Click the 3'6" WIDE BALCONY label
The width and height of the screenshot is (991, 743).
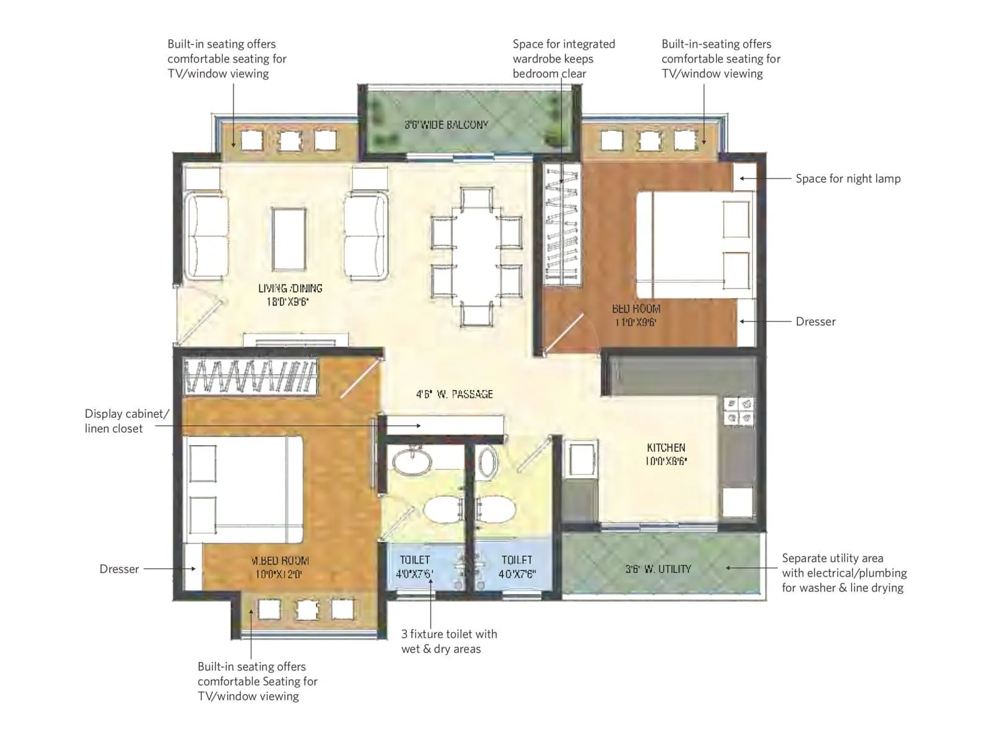click(x=447, y=124)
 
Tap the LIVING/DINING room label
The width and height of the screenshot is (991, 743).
click(x=290, y=295)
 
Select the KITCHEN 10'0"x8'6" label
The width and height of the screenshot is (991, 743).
click(x=666, y=454)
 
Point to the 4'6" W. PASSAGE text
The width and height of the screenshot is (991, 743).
click(x=454, y=394)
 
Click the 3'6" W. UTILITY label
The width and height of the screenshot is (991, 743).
click(x=658, y=568)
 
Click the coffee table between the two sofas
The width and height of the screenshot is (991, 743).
click(x=289, y=238)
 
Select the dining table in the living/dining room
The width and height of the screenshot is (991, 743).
click(x=476, y=256)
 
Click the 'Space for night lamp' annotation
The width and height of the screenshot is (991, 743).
click(x=847, y=178)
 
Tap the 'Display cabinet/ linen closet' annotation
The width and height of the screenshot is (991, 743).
click(x=126, y=421)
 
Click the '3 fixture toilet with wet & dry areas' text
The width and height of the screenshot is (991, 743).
click(x=448, y=641)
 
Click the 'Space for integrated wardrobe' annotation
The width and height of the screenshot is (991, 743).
click(x=563, y=58)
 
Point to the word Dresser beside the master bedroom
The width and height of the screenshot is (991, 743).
click(x=119, y=568)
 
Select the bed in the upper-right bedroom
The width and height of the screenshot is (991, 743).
click(x=694, y=245)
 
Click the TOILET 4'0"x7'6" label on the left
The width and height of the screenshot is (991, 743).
click(x=414, y=567)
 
